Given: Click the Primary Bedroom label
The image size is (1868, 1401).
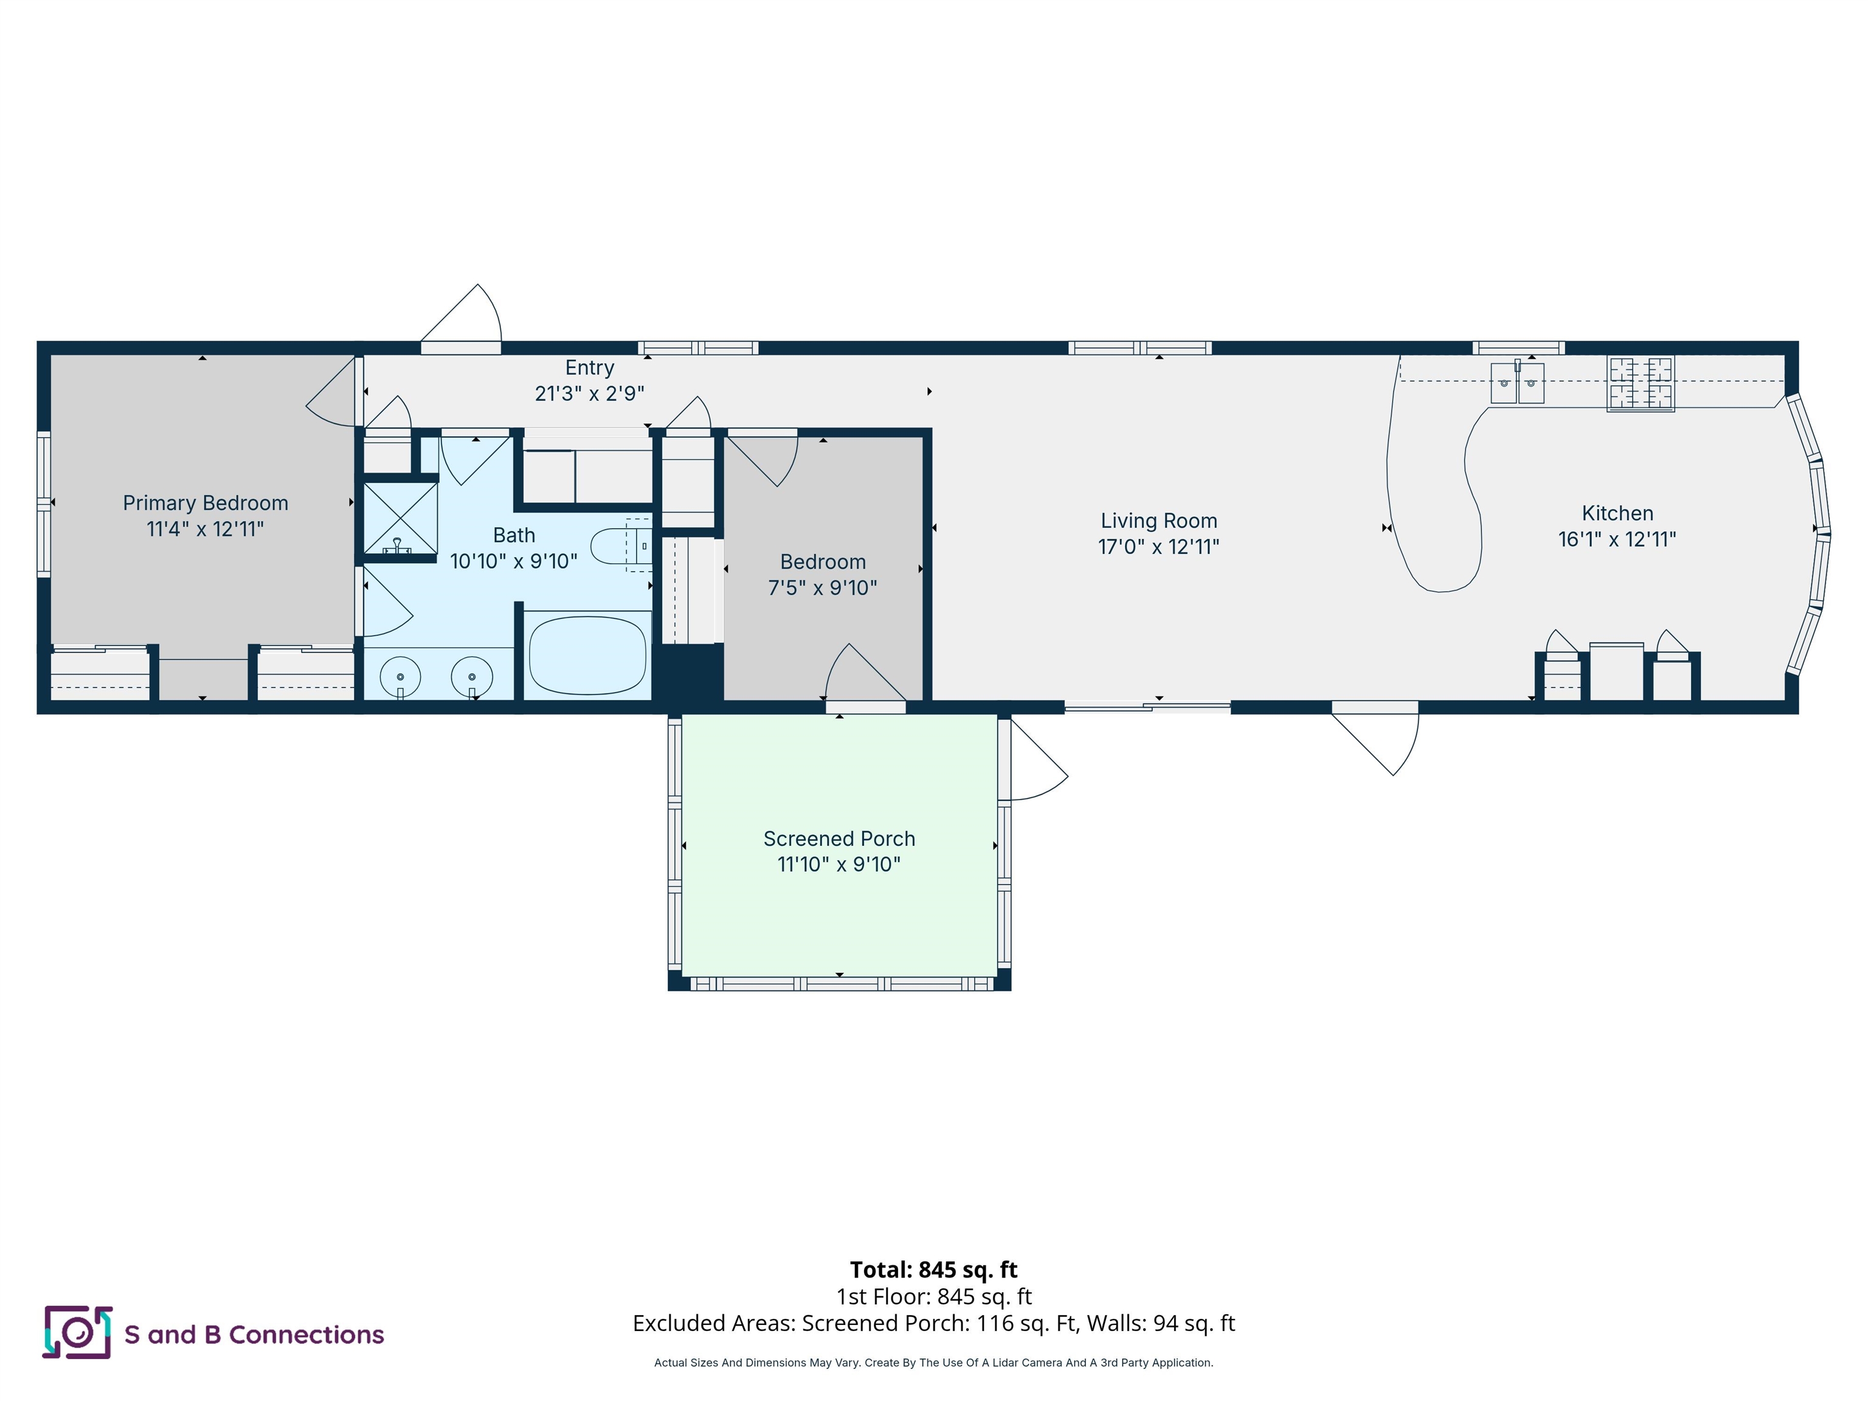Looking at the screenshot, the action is [x=205, y=503].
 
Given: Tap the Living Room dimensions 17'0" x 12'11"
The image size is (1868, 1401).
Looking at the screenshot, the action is [x=1158, y=547].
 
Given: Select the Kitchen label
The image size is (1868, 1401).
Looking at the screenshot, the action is [x=1617, y=513].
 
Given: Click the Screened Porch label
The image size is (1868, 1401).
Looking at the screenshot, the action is [x=839, y=839].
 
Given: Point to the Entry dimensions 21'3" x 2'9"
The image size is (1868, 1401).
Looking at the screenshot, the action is [x=589, y=393].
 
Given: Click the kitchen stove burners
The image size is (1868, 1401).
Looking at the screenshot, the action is [x=1641, y=384].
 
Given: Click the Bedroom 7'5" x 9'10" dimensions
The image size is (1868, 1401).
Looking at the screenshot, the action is [x=823, y=589].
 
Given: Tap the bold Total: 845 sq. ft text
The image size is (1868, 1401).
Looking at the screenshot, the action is [x=933, y=1270].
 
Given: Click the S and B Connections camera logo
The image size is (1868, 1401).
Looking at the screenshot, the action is [x=78, y=1332].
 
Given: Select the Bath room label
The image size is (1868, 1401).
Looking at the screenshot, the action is [x=514, y=535].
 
